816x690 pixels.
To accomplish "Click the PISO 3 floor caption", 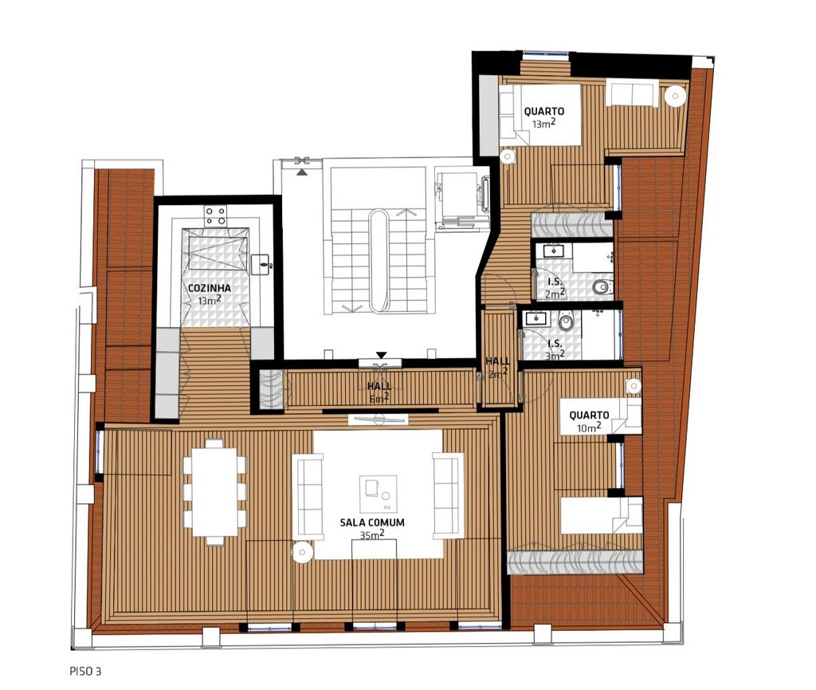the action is coord(85,671).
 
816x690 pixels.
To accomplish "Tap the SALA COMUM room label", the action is coord(372,522).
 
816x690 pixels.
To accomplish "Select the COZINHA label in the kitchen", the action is coord(210,288).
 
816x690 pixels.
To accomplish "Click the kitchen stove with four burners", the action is coord(215,215).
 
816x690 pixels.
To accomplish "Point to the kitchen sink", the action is coord(261,265).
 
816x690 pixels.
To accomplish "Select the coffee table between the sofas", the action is coord(379,493).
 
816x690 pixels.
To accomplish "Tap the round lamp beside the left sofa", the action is coord(302,552).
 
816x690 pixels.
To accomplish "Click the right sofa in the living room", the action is coord(447,495).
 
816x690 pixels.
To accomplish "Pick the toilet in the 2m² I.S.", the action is coord(602,286).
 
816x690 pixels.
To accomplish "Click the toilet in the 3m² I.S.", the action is coord(566,321).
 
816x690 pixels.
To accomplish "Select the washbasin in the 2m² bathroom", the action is coord(553,251).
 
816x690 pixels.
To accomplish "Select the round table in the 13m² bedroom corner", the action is coord(676,96).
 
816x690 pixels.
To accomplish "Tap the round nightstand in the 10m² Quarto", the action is coord(634,386).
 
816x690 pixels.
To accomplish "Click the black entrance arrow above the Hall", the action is coord(382,355).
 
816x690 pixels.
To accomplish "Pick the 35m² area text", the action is coord(372,534).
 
